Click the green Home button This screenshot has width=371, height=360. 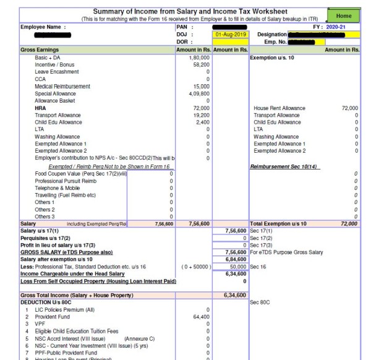click(x=344, y=15)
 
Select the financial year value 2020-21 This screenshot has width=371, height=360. click(x=348, y=27)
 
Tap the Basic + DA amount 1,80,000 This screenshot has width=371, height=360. click(x=199, y=58)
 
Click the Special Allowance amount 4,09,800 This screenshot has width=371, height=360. click(x=199, y=93)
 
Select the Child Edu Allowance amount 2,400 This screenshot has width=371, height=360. click(x=203, y=122)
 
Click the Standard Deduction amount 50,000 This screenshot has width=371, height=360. click(x=237, y=267)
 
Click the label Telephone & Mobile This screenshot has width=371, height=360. click(x=58, y=187)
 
